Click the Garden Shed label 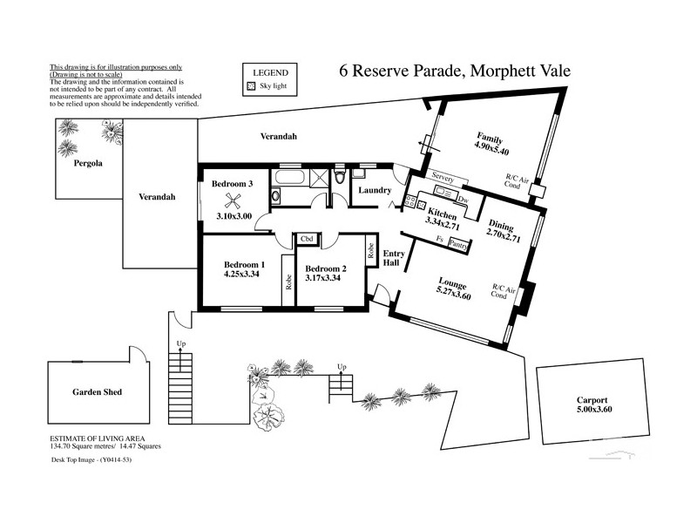tap(96, 392)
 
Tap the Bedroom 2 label tap(326, 268)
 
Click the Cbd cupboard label tap(307, 239)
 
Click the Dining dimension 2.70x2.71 tap(504, 236)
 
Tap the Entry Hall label tap(393, 258)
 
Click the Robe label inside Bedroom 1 tap(287, 282)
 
